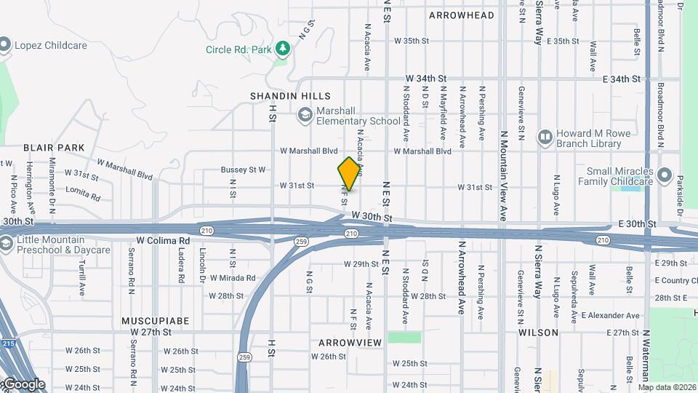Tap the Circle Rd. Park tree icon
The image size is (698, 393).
[282, 49]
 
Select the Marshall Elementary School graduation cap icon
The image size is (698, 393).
[305, 115]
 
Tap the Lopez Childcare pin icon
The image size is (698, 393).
[4, 45]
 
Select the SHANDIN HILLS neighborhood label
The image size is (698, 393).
[290, 96]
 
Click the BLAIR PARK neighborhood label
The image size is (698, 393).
[54, 148]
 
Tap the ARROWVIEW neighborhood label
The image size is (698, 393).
[350, 342]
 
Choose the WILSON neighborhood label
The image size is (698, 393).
[538, 333]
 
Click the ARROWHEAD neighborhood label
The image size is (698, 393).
[461, 15]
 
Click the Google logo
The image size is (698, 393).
[24, 384]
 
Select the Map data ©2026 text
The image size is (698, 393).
[667, 387]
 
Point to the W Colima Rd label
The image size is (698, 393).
[163, 240]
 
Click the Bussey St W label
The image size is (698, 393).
[244, 170]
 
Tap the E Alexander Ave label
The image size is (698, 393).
[610, 316]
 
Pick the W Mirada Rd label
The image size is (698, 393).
[233, 278]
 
